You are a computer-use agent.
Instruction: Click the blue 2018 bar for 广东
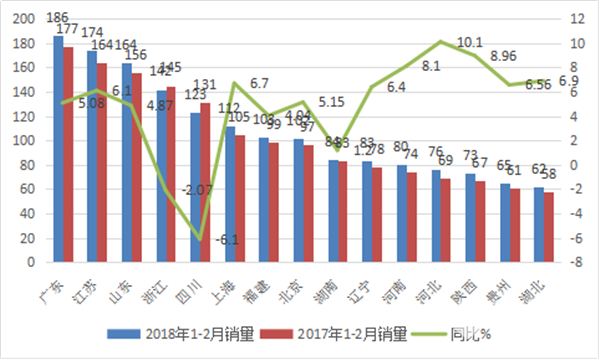point(58,150)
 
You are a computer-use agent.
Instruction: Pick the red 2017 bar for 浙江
point(172,175)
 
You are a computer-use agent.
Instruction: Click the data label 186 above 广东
point(59,18)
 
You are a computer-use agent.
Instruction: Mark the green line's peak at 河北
point(440,42)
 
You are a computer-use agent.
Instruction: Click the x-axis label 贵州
point(507,285)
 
